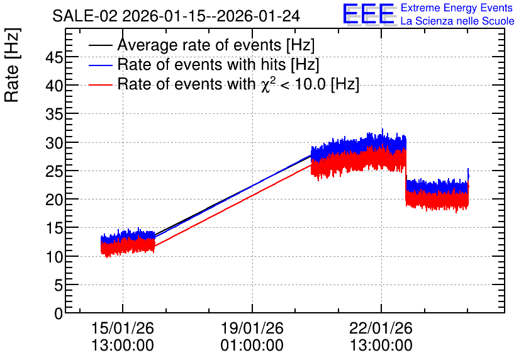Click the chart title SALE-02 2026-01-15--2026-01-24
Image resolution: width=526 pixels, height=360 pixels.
[176, 16]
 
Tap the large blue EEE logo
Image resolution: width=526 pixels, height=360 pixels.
[369, 14]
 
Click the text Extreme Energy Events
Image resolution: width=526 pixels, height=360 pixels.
[457, 8]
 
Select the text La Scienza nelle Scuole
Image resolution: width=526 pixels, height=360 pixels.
[457, 21]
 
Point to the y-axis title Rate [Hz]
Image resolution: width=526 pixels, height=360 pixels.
[12, 65]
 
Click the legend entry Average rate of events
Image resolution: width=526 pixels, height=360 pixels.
[216, 45]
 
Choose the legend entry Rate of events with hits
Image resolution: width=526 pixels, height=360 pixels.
[218, 64]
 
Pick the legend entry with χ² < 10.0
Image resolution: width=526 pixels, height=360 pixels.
[238, 84]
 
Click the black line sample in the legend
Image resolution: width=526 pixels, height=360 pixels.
[101, 45]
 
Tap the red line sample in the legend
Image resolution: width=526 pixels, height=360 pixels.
[101, 85]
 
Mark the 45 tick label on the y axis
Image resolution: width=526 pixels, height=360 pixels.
[54, 58]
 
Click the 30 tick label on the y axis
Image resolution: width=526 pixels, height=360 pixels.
[54, 143]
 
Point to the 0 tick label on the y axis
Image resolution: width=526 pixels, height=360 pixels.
[59, 313]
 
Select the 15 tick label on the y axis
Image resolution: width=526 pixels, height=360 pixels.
[54, 228]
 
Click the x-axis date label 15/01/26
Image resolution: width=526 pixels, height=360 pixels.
[123, 328]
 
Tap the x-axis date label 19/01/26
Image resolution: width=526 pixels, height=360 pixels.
[252, 328]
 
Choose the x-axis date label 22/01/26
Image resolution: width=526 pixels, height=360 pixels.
[381, 328]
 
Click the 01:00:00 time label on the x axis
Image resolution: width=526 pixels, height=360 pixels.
[252, 346]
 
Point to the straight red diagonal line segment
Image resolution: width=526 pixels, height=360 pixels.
[233, 206]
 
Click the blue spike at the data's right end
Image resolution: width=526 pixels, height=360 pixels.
[468, 174]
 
